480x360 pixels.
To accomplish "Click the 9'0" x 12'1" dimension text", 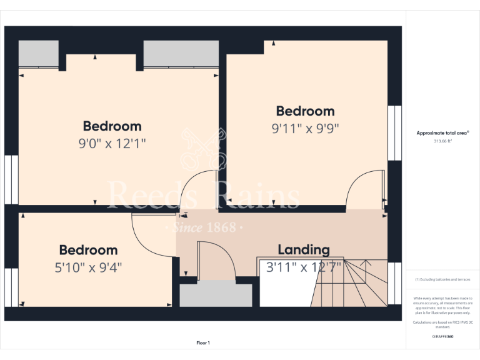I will coord(112,144).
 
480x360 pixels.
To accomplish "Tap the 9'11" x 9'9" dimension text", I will coord(305,129).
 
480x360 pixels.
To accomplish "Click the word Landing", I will coord(304,250).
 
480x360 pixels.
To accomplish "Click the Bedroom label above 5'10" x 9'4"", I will coord(88,250).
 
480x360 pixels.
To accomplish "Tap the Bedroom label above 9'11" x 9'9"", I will coord(305,111).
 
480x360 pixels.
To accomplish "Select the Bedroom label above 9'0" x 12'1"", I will coord(112,126).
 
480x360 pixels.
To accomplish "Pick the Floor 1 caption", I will coord(203,343).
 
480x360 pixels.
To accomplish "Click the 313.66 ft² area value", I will coord(442,141).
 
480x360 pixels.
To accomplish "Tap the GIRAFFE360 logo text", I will coord(442,337).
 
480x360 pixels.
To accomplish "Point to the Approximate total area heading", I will coord(442,133).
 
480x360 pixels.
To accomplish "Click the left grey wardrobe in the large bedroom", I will coord(39,54).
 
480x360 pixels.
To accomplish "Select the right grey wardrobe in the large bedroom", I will coord(181,54).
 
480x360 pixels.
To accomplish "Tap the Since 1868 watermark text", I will coord(204,227).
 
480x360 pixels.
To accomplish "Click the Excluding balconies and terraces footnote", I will coord(442,279).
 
